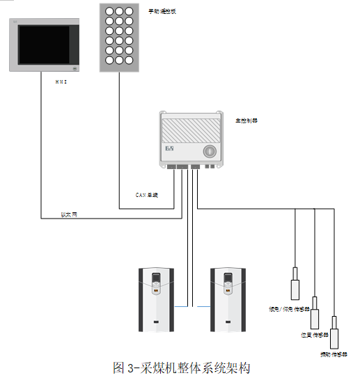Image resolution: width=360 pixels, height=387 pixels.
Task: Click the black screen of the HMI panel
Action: [43, 45]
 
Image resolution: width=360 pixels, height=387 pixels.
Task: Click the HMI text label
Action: [61, 82]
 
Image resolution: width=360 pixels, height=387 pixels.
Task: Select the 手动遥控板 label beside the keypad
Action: [162, 12]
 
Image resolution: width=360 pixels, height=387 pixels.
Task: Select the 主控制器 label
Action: [246, 120]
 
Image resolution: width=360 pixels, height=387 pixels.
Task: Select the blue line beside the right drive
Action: [203, 306]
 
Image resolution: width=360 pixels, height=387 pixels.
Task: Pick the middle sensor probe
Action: [314, 314]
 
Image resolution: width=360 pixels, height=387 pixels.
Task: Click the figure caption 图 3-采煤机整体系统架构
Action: [181, 368]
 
